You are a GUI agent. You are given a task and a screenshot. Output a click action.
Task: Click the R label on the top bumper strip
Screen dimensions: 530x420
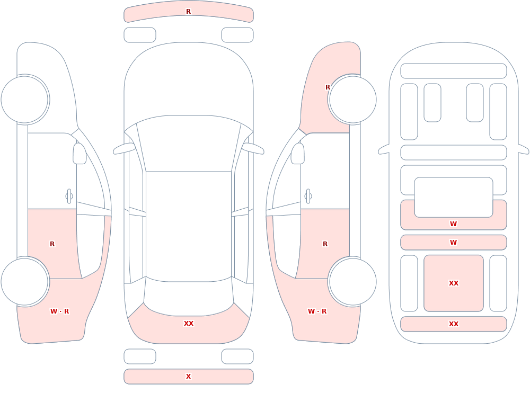[189, 12]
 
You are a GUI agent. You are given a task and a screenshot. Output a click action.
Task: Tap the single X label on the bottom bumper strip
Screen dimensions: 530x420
[189, 377]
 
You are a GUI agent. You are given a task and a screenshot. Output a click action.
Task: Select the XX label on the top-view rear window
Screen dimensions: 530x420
[189, 324]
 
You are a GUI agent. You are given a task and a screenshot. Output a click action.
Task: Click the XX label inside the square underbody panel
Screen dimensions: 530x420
[454, 283]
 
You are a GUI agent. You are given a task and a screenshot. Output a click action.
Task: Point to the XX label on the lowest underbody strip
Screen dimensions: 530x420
[454, 324]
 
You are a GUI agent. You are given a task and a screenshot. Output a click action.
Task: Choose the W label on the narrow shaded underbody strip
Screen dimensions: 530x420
[454, 242]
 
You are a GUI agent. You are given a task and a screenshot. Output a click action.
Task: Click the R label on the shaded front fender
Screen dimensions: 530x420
[328, 87]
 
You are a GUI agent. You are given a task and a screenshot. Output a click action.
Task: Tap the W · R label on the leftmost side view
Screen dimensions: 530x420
[60, 311]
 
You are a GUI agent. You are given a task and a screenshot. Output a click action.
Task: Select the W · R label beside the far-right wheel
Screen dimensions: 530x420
[317, 311]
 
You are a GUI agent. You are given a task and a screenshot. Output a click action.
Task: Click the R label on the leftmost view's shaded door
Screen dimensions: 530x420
[52, 244]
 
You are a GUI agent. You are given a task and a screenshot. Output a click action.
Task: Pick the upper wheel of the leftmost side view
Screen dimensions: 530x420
[25, 100]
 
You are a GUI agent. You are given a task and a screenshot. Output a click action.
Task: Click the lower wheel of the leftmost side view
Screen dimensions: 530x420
[25, 281]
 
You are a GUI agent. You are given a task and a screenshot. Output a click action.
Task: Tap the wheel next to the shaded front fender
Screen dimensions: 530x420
[352, 100]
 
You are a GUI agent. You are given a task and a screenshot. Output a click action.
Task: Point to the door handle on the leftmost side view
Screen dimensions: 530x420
[69, 196]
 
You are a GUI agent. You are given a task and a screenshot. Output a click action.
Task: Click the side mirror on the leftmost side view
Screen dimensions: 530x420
[79, 154]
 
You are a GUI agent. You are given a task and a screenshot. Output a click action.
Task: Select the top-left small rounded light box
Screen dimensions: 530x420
[140, 35]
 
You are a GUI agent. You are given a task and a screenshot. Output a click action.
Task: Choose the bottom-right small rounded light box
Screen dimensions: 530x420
[237, 356]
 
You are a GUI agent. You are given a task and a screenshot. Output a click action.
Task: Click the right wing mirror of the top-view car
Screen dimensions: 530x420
[253, 149]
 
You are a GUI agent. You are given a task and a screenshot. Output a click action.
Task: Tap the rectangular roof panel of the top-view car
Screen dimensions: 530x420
[189, 226]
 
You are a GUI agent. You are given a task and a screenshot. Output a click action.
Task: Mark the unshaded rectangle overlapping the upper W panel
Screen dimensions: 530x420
[454, 198]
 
